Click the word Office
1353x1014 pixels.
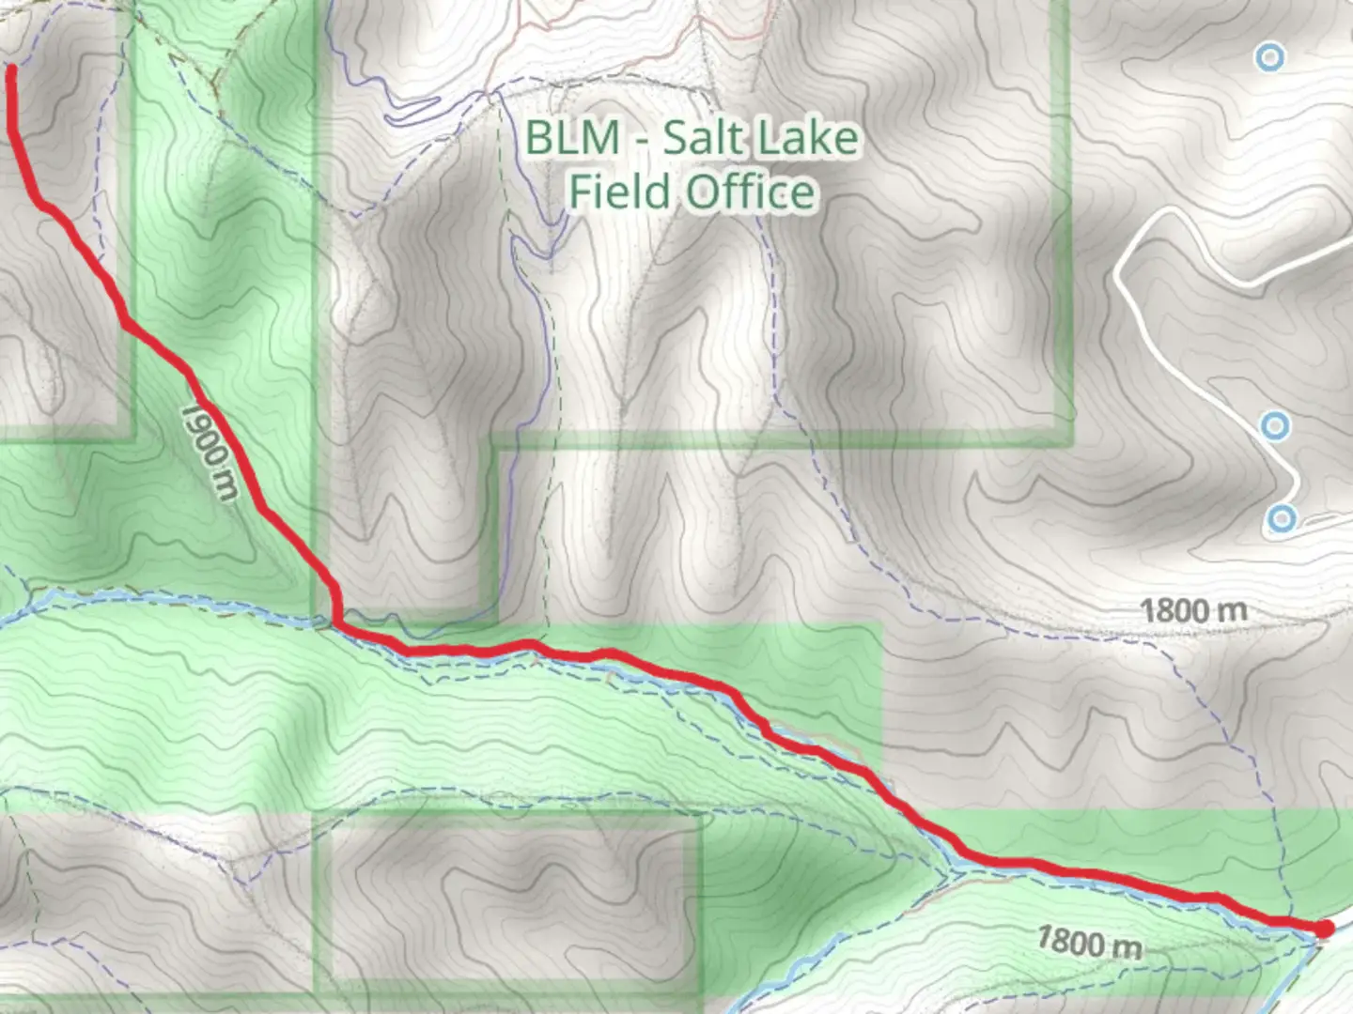pos(750,192)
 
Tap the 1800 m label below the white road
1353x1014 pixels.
pos(1193,611)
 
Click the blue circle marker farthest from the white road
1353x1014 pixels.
pos(1270,58)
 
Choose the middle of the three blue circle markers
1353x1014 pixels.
pos(1275,427)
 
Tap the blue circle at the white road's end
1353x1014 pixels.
pos(1282,518)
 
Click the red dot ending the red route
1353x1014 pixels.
pos(1325,929)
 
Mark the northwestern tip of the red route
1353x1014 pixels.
pos(12,69)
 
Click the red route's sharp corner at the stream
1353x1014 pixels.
pos(336,621)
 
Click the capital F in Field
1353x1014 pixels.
pos(582,192)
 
